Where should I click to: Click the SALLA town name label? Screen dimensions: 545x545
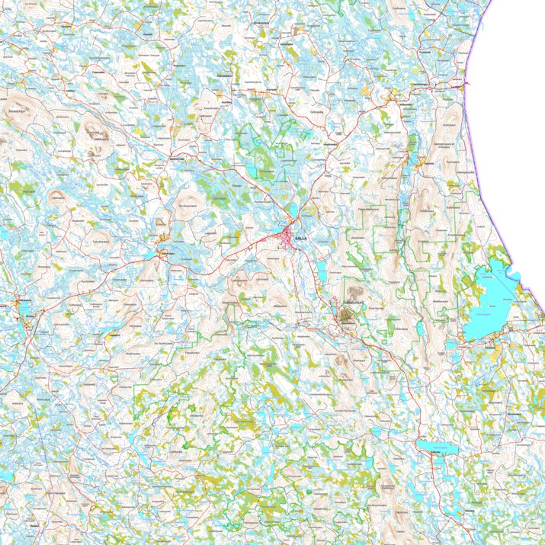click(x=300, y=238)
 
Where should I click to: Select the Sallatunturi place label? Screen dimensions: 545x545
click(x=351, y=303)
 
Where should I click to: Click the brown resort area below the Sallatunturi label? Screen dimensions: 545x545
click(x=348, y=318)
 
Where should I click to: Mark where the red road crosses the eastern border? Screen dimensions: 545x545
click(x=467, y=85)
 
